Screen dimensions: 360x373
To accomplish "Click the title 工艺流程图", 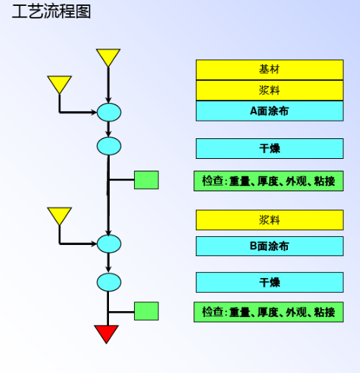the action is pyautogui.click(x=52, y=12).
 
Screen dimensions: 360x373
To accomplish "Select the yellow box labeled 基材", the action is pyautogui.click(x=269, y=70).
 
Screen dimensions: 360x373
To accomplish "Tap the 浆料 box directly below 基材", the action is pyautogui.click(x=269, y=90).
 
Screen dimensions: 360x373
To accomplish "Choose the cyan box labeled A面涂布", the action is pyautogui.click(x=269, y=111).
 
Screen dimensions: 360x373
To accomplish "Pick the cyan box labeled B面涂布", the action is pyautogui.click(x=269, y=246).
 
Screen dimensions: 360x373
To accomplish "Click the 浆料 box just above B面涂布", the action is pyautogui.click(x=269, y=220).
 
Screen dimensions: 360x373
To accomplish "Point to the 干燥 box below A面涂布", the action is pyautogui.click(x=269, y=149).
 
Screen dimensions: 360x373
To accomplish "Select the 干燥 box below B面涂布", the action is pyautogui.click(x=269, y=283).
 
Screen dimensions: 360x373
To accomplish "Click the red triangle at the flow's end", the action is pyautogui.click(x=107, y=333).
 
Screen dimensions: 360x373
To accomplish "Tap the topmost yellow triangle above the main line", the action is pyautogui.click(x=108, y=56).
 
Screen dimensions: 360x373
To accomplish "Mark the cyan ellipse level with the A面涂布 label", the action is pyautogui.click(x=109, y=113).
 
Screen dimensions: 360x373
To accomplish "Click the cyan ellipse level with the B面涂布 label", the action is pyautogui.click(x=109, y=244).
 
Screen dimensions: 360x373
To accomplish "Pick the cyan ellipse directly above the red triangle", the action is pyautogui.click(x=109, y=283).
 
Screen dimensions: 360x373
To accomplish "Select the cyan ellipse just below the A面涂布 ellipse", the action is pyautogui.click(x=109, y=146).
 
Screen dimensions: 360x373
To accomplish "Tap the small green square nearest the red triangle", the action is pyautogui.click(x=147, y=311).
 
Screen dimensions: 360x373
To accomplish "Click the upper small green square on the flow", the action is pyautogui.click(x=147, y=180).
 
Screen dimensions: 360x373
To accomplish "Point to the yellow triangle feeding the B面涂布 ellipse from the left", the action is pyautogui.click(x=60, y=215).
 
